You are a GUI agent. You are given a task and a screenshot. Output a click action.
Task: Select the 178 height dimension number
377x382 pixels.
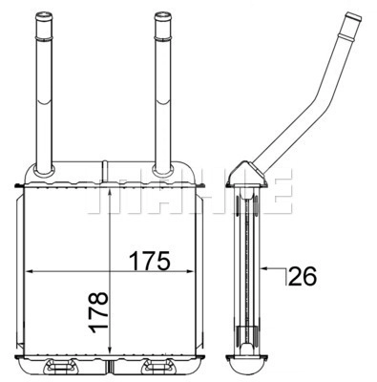click(x=100, y=313)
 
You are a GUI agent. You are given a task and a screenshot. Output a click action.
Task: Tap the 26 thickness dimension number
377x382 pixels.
click(x=303, y=277)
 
